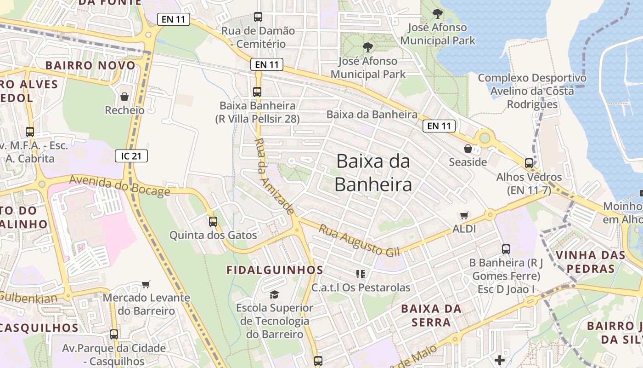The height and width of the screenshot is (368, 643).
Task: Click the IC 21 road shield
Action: tap(131, 156)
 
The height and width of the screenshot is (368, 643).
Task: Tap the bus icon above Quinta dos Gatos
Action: tap(213, 221)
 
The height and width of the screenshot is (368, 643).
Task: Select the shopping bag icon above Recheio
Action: tap(124, 97)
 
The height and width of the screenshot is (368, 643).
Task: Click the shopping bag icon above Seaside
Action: tap(468, 149)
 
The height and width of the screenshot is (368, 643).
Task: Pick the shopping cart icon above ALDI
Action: tap(464, 215)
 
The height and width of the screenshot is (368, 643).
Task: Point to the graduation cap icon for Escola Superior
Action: tap(274, 294)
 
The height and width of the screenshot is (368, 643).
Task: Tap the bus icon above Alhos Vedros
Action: tap(529, 163)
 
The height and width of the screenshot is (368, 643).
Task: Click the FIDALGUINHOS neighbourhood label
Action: tap(275, 270)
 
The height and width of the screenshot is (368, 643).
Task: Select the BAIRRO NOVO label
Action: tap(90, 65)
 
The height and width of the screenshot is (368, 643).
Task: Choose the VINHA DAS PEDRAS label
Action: tap(591, 261)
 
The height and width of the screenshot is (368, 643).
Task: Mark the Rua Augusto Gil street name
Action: tap(360, 241)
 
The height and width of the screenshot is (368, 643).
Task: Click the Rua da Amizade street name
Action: tap(274, 176)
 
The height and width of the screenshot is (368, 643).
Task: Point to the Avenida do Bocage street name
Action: tap(120, 186)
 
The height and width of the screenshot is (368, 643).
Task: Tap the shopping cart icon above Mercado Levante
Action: tap(146, 284)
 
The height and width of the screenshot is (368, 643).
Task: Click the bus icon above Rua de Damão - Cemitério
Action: tap(258, 17)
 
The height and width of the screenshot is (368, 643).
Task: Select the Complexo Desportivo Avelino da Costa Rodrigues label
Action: tap(532, 91)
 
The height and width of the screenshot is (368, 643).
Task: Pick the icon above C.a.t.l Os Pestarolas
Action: tap(360, 274)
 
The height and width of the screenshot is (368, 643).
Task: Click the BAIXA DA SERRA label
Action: tap(431, 315)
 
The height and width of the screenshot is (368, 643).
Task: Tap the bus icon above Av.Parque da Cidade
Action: tap(114, 334)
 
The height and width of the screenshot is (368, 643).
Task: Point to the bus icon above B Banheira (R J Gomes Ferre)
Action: tap(506, 249)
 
